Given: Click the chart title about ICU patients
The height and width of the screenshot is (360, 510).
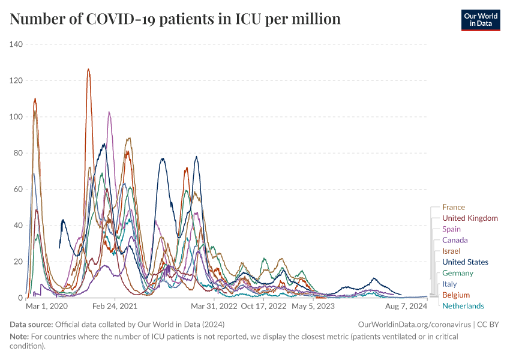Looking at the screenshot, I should (175, 19).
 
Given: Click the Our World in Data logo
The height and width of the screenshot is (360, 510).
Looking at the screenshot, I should (480, 19).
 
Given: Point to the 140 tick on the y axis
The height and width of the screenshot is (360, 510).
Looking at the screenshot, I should (16, 44).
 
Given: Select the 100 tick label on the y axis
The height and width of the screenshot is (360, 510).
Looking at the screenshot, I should (16, 116).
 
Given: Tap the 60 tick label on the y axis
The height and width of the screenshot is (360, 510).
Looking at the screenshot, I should (18, 189).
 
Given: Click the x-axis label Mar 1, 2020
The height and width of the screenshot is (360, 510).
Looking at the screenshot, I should (47, 306).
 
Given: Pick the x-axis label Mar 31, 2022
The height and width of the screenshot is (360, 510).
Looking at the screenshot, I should (214, 306).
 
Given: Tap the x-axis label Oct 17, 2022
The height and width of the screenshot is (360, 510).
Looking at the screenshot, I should (264, 306).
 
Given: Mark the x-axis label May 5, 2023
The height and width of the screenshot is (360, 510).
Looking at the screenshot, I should (313, 306).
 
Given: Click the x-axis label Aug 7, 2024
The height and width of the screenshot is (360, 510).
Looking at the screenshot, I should (405, 306).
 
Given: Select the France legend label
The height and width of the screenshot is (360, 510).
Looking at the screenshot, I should (454, 208).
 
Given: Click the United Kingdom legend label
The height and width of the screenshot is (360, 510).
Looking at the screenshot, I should (470, 218).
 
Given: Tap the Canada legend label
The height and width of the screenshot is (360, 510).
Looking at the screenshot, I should (455, 240).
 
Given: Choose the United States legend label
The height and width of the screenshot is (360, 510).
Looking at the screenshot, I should (465, 262).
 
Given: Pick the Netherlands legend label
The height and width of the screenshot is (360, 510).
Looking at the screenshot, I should (463, 306).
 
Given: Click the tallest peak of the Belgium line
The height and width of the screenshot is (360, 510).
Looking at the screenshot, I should (88, 70).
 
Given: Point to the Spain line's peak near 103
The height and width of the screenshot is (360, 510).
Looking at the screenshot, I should (109, 112).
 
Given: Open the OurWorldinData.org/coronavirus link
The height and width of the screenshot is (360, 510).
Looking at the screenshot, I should (413, 325).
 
